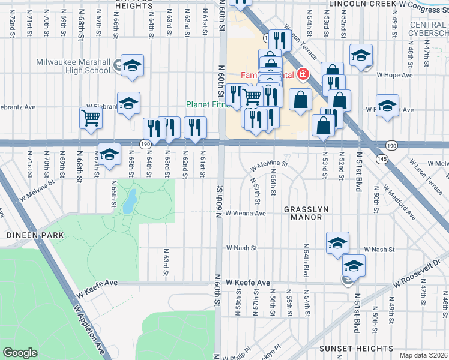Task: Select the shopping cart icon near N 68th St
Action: tap(91, 118)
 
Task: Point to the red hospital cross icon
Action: tap(303, 74)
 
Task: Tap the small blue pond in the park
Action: tap(129, 202)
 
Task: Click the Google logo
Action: tap(20, 352)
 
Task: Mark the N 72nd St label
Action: tap(12, 23)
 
